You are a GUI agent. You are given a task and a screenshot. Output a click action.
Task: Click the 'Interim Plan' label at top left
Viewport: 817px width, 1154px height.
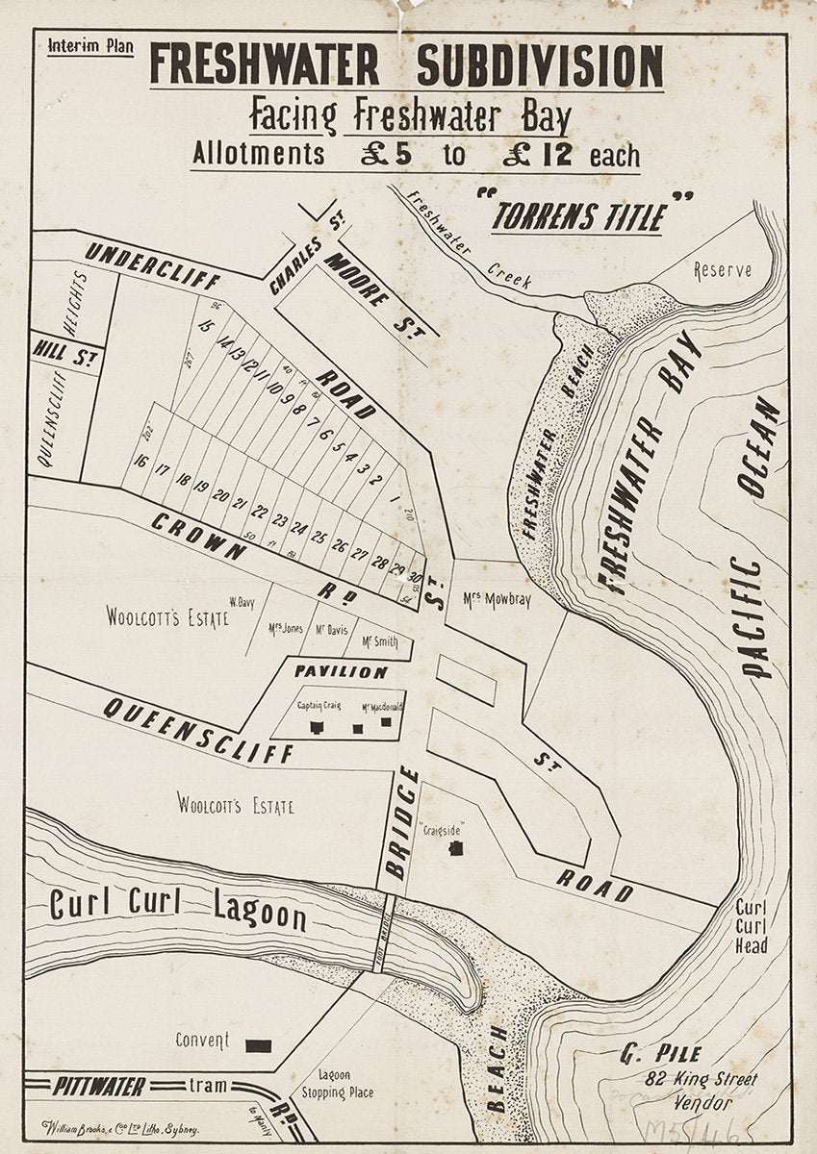[x=89, y=46]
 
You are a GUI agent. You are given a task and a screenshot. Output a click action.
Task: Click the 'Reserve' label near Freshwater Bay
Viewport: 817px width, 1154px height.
[x=723, y=271]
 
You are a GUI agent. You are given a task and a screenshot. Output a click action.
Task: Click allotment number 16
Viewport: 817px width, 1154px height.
[x=140, y=462]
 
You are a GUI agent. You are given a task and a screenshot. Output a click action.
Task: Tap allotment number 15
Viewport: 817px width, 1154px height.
[x=204, y=326]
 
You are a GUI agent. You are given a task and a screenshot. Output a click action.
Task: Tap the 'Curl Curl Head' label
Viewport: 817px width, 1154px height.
[x=751, y=926]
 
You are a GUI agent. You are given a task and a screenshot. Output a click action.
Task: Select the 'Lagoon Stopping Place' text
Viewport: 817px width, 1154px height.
[x=337, y=1084]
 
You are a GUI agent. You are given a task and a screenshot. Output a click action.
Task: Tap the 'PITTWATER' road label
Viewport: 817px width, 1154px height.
[x=99, y=1087]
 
